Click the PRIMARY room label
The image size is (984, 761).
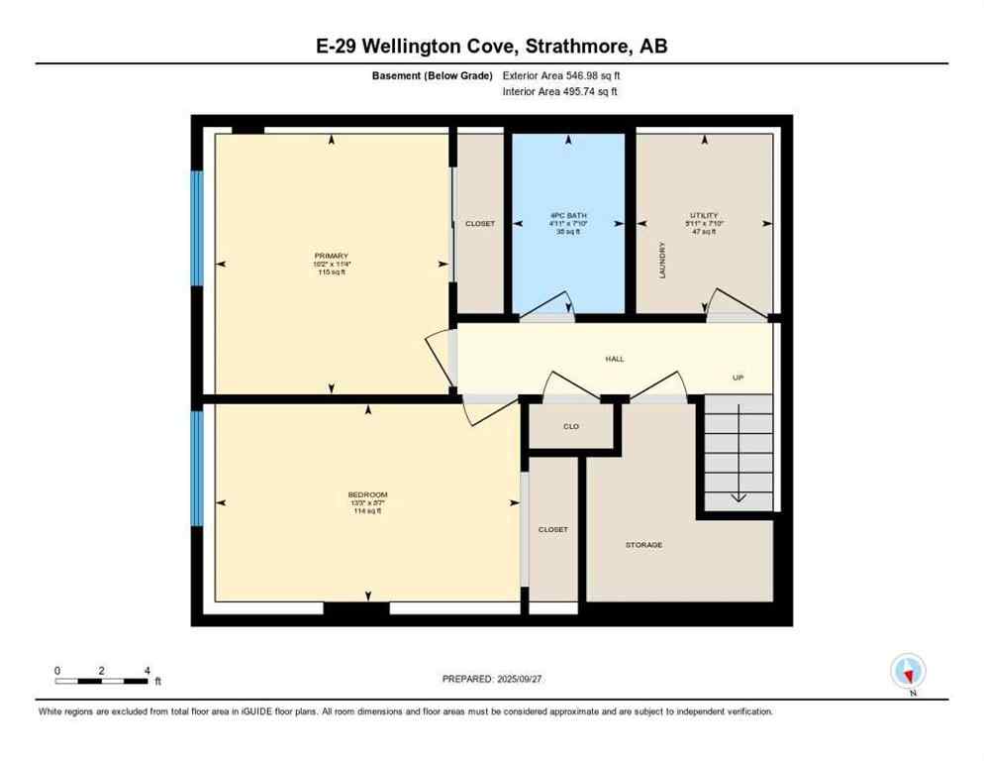(333, 256)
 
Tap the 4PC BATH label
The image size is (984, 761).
(568, 215)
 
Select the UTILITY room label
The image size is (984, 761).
(705, 215)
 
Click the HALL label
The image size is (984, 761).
(615, 359)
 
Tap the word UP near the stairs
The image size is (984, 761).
(738, 378)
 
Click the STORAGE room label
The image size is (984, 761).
(643, 545)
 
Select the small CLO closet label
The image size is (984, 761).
(571, 426)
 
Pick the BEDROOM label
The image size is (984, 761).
(367, 494)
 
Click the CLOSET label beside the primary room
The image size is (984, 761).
(480, 224)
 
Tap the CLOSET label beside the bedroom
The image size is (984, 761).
(553, 529)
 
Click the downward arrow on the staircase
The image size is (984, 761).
(738, 494)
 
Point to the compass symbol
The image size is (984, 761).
(908, 671)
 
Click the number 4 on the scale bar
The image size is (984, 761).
(147, 671)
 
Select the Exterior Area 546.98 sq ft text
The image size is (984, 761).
(561, 75)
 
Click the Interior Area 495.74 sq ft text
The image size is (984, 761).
(560, 91)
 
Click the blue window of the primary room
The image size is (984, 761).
(197, 227)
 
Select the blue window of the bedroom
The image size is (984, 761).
(197, 469)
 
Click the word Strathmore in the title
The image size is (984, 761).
(558, 46)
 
